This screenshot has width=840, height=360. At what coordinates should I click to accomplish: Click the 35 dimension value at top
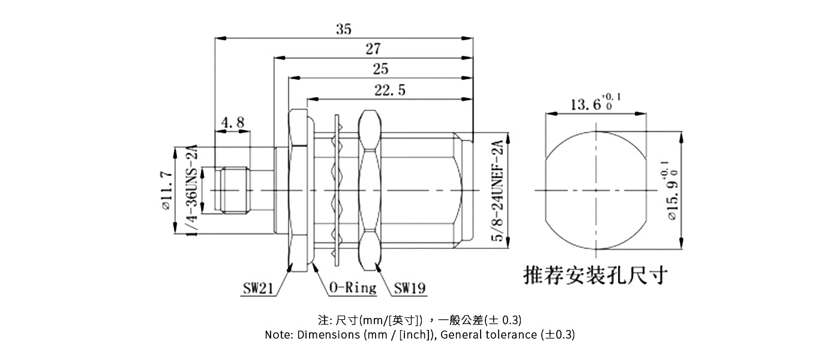click(x=343, y=29)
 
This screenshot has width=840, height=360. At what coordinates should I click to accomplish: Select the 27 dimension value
click(x=373, y=49)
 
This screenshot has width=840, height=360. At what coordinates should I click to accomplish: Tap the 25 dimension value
click(x=380, y=69)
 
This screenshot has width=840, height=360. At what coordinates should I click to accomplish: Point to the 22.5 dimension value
click(x=389, y=90)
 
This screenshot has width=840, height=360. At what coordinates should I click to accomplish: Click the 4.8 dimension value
click(x=233, y=122)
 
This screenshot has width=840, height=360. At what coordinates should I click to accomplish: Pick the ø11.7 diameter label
click(x=167, y=190)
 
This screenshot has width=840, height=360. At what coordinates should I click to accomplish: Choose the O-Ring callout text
click(x=353, y=287)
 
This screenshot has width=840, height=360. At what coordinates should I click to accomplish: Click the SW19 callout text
click(x=410, y=289)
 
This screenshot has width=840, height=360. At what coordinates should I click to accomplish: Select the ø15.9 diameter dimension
click(x=670, y=190)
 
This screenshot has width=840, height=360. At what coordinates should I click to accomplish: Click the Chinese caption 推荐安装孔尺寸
click(x=595, y=275)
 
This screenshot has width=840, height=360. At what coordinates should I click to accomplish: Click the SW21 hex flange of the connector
click(x=298, y=190)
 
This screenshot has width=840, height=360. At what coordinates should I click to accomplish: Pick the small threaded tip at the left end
click(x=233, y=190)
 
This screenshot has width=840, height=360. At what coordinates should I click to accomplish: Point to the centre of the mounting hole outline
click(x=596, y=190)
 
